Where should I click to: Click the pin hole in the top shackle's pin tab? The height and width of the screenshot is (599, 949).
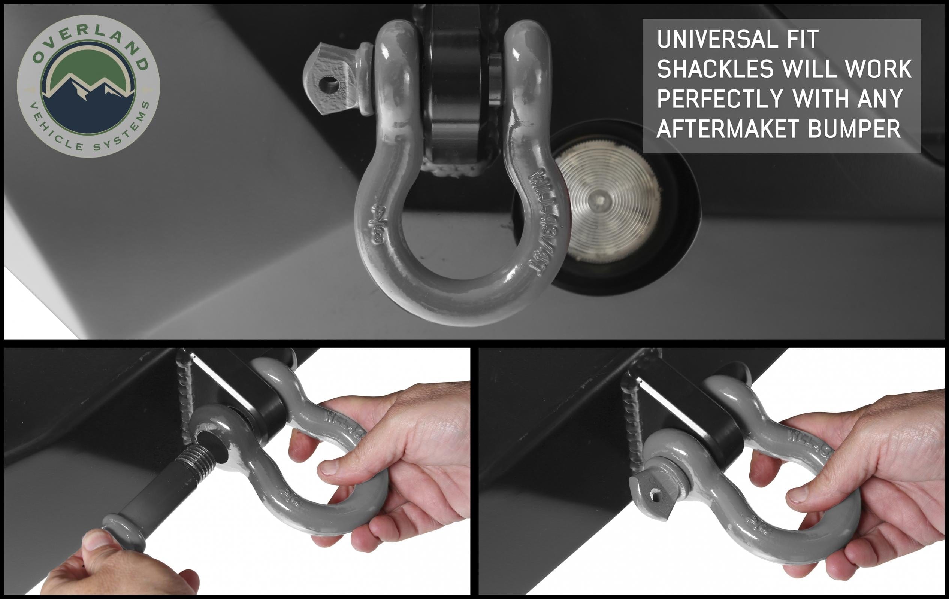328,84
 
